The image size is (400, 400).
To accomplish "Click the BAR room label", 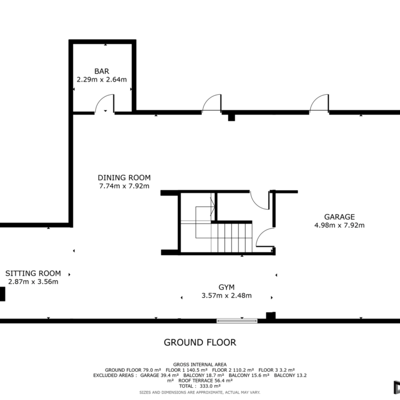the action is pyautogui.click(x=102, y=71).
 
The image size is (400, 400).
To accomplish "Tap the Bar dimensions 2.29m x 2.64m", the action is pyautogui.click(x=102, y=79).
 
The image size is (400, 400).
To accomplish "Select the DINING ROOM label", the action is pyautogui.click(x=124, y=177).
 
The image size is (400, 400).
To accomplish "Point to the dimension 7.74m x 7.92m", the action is pyautogui.click(x=124, y=186).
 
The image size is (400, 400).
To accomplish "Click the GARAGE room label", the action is pyautogui.click(x=339, y=217).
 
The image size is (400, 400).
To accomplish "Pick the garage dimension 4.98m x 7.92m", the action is pyautogui.click(x=339, y=225).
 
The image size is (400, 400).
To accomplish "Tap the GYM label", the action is pyautogui.click(x=226, y=287).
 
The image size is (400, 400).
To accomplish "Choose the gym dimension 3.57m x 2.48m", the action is pyautogui.click(x=226, y=296).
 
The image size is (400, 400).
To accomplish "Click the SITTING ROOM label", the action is pyautogui.click(x=33, y=273).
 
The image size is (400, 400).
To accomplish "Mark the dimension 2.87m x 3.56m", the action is pyautogui.click(x=33, y=282).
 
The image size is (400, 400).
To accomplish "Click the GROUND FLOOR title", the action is pyautogui.click(x=200, y=343).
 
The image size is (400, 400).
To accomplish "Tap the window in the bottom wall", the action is pyautogui.click(x=237, y=321).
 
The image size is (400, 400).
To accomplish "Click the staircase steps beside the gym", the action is pyautogui.click(x=231, y=238).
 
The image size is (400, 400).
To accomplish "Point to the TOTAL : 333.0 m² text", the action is pyautogui.click(x=200, y=386).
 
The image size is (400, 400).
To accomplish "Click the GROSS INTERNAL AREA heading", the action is pyautogui.click(x=200, y=365).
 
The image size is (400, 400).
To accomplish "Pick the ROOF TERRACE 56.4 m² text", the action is pyautogui.click(x=205, y=381).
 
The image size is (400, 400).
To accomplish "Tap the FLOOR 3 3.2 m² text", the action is pyautogui.click(x=276, y=370).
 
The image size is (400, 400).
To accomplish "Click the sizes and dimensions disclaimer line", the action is pyautogui.click(x=200, y=392).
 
